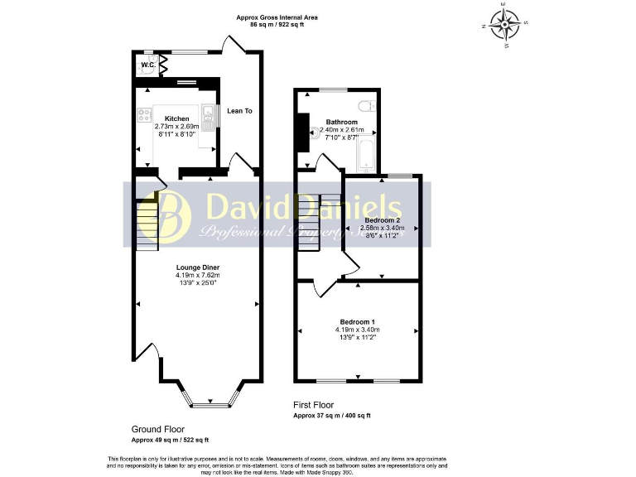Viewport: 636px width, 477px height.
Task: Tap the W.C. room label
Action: tap(147, 65)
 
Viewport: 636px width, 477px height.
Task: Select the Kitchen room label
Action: tap(177, 118)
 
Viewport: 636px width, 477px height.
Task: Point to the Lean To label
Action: tap(239, 110)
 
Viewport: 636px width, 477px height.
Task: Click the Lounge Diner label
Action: tap(197, 267)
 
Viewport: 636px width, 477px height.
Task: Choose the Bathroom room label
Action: tap(341, 122)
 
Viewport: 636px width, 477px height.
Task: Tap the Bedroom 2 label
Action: tap(382, 219)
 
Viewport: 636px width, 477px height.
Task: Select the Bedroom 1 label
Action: tap(358, 321)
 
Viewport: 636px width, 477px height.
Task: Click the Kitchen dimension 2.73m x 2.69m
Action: tap(177, 126)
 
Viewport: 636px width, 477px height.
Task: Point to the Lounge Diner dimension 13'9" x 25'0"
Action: tap(197, 283)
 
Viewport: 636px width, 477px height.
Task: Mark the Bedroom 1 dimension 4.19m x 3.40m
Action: tap(358, 330)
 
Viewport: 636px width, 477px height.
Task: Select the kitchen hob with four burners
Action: tap(144, 115)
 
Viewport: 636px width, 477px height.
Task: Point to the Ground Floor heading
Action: tap(158, 430)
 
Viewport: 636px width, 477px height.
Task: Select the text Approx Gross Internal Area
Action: tap(277, 17)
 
